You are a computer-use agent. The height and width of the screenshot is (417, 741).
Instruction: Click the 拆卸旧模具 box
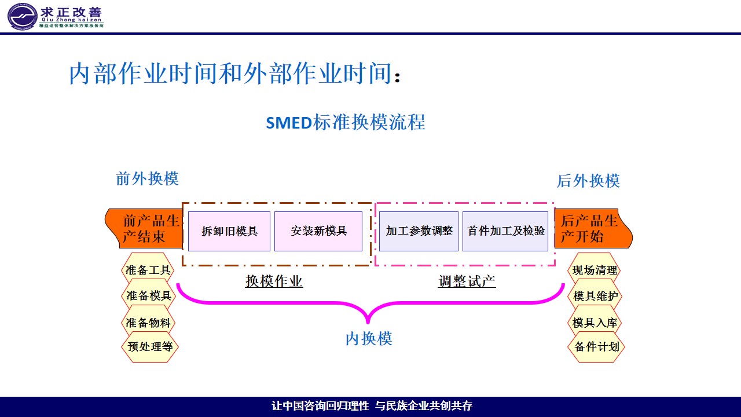click(x=229, y=231)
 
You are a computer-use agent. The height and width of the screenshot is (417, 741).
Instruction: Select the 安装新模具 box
click(x=318, y=231)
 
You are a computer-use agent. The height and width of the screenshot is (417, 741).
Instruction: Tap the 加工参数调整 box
click(x=419, y=231)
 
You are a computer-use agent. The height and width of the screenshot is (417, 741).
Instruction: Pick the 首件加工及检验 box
click(x=505, y=231)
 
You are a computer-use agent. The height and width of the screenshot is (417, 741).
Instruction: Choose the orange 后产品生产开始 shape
click(x=592, y=228)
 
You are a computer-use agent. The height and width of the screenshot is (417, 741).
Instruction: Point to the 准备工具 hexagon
click(x=148, y=270)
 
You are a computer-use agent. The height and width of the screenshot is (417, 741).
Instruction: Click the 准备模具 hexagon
click(x=148, y=296)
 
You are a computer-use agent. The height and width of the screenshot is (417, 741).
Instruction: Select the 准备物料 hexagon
click(x=148, y=323)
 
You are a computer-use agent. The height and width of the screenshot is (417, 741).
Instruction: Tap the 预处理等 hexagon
click(x=150, y=347)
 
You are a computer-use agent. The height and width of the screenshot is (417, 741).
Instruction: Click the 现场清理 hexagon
click(x=595, y=270)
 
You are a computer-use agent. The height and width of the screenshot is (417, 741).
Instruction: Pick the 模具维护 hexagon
click(x=596, y=296)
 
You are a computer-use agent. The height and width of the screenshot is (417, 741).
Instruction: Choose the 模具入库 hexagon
click(x=595, y=323)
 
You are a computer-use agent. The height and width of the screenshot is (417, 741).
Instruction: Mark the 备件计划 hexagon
click(x=596, y=347)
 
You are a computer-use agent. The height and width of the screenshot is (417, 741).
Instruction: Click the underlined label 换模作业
click(x=274, y=281)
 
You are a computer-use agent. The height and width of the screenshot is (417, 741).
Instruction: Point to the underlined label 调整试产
click(x=467, y=281)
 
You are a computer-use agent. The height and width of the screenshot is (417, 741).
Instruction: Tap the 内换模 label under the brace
click(x=369, y=339)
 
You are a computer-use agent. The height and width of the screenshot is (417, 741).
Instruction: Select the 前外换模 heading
click(x=147, y=178)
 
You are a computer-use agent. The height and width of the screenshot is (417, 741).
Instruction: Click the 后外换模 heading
click(x=588, y=181)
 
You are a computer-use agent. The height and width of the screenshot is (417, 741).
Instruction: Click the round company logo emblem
click(x=21, y=16)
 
